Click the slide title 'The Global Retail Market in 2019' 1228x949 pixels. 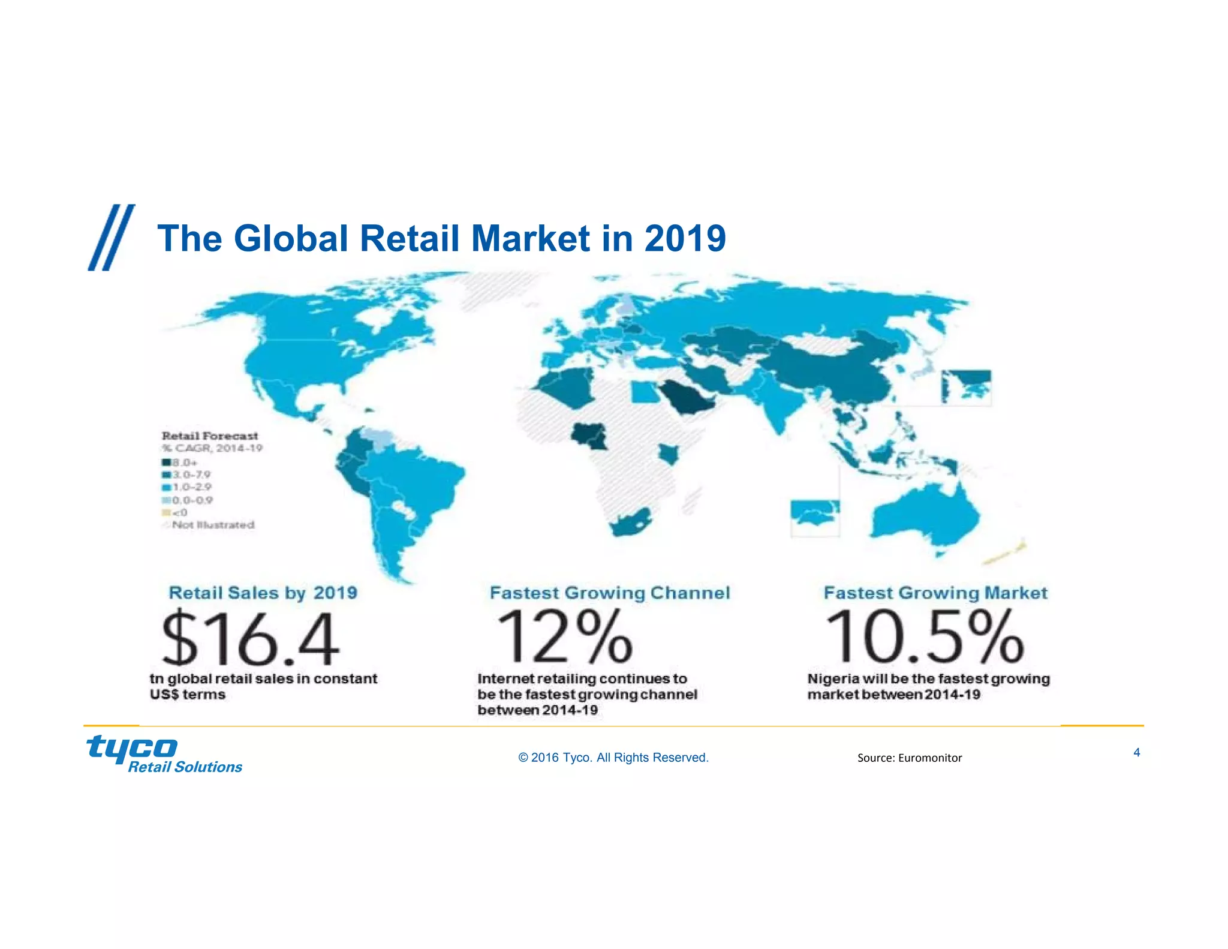pos(441,239)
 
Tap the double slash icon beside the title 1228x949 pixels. pos(111,238)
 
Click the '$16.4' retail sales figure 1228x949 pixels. pos(250,638)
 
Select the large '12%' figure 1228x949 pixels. pos(564,637)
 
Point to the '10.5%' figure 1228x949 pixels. pos(924,637)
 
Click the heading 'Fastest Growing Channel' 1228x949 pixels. pos(610,593)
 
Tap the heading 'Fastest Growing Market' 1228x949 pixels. pos(935,593)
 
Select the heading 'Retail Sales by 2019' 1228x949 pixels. pos(263,593)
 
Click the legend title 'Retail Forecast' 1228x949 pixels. pos(210,436)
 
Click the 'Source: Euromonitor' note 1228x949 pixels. pos(909,758)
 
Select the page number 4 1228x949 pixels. pos(1136,752)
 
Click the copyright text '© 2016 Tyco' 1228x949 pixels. pos(613,758)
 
